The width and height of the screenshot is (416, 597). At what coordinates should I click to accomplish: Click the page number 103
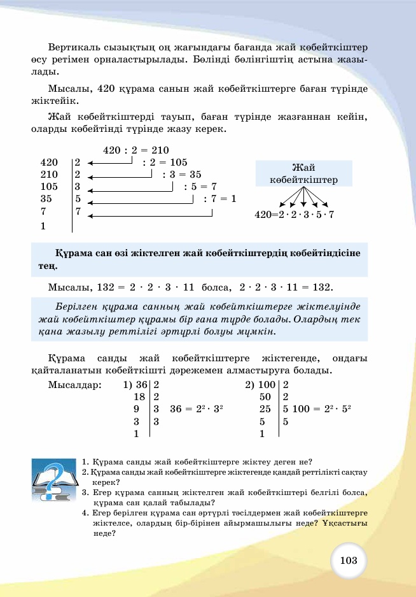(349, 560)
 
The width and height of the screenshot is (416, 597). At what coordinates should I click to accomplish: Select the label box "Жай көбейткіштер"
(303, 173)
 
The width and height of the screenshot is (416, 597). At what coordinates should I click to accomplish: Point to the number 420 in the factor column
(49, 162)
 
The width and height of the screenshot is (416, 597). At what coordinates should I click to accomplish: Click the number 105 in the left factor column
(49, 187)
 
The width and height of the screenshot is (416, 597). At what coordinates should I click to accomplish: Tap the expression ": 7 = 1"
(219, 199)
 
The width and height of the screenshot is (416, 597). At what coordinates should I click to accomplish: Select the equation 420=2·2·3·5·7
(294, 215)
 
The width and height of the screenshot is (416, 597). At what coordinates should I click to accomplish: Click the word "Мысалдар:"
(74, 385)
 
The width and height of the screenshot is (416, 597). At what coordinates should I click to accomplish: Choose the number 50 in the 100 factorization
(266, 397)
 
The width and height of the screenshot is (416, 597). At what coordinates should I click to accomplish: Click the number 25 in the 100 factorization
(266, 409)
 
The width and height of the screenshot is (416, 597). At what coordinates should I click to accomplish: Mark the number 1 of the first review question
(85, 462)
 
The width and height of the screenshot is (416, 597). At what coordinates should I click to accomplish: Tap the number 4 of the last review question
(85, 512)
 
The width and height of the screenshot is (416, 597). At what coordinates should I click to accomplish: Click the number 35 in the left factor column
(46, 199)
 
